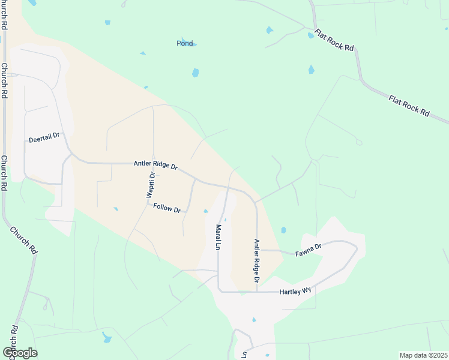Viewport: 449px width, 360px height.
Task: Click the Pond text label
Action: point(185,43)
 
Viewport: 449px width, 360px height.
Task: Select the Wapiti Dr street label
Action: point(151,184)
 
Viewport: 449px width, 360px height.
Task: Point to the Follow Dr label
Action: point(167,208)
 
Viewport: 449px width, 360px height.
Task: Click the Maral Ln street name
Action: point(218,238)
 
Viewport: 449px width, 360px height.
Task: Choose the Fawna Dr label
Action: point(309,250)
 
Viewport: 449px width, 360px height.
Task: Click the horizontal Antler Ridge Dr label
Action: point(155,165)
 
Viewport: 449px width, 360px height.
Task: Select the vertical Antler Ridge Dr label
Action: point(256,261)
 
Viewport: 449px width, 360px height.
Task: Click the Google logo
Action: point(20,353)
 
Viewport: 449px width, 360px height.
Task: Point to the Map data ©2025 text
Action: point(423,355)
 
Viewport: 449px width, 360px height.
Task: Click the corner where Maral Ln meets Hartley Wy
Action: point(218,291)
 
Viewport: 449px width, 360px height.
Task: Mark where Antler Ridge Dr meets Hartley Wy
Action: point(257,292)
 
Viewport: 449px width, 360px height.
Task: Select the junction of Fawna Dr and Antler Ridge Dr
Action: point(257,250)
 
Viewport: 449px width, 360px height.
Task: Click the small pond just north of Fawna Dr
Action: point(283,230)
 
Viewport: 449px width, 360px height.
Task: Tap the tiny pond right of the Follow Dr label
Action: point(205,211)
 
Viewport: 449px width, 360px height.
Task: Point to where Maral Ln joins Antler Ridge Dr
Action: point(228,187)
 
